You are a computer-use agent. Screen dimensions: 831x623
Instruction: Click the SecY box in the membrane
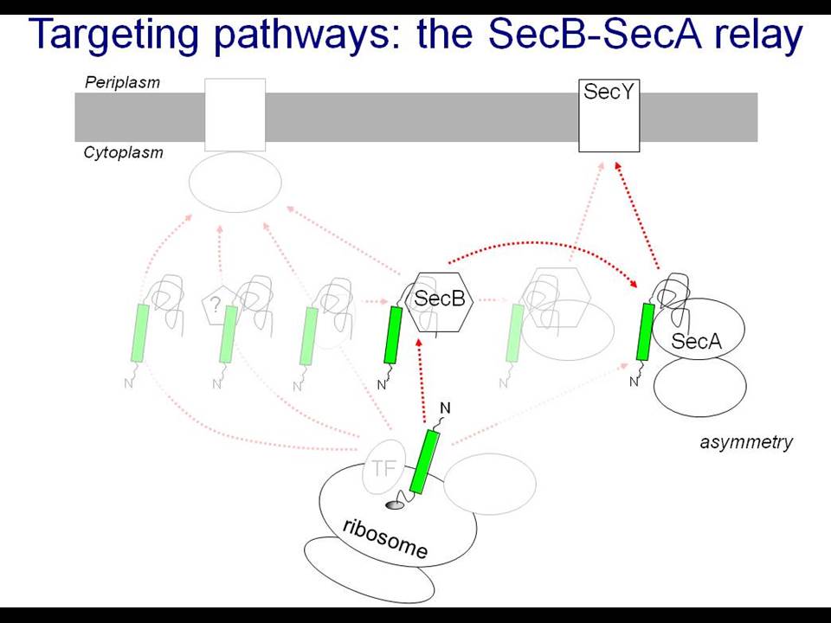pyautogui.click(x=609, y=115)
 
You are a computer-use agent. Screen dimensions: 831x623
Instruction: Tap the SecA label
pyautogui.click(x=696, y=341)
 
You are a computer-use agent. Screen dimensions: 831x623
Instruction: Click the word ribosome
pyautogui.click(x=385, y=539)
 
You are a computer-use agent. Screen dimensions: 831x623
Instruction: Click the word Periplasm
pyautogui.click(x=122, y=83)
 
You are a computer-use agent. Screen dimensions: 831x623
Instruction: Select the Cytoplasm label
pyautogui.click(x=124, y=153)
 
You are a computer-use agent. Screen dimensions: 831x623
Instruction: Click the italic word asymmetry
pyautogui.click(x=746, y=442)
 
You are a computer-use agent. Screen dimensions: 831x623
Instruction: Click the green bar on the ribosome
pyautogui.click(x=424, y=462)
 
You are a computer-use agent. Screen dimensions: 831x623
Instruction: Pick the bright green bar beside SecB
pyautogui.click(x=393, y=336)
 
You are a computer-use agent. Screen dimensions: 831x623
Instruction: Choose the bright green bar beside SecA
pyautogui.click(x=645, y=332)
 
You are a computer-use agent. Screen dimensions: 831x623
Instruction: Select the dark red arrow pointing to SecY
pyautogui.click(x=638, y=215)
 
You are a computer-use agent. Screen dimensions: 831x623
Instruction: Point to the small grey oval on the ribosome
pyautogui.click(x=395, y=506)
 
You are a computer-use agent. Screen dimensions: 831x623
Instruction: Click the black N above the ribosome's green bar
pyautogui.click(x=445, y=408)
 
